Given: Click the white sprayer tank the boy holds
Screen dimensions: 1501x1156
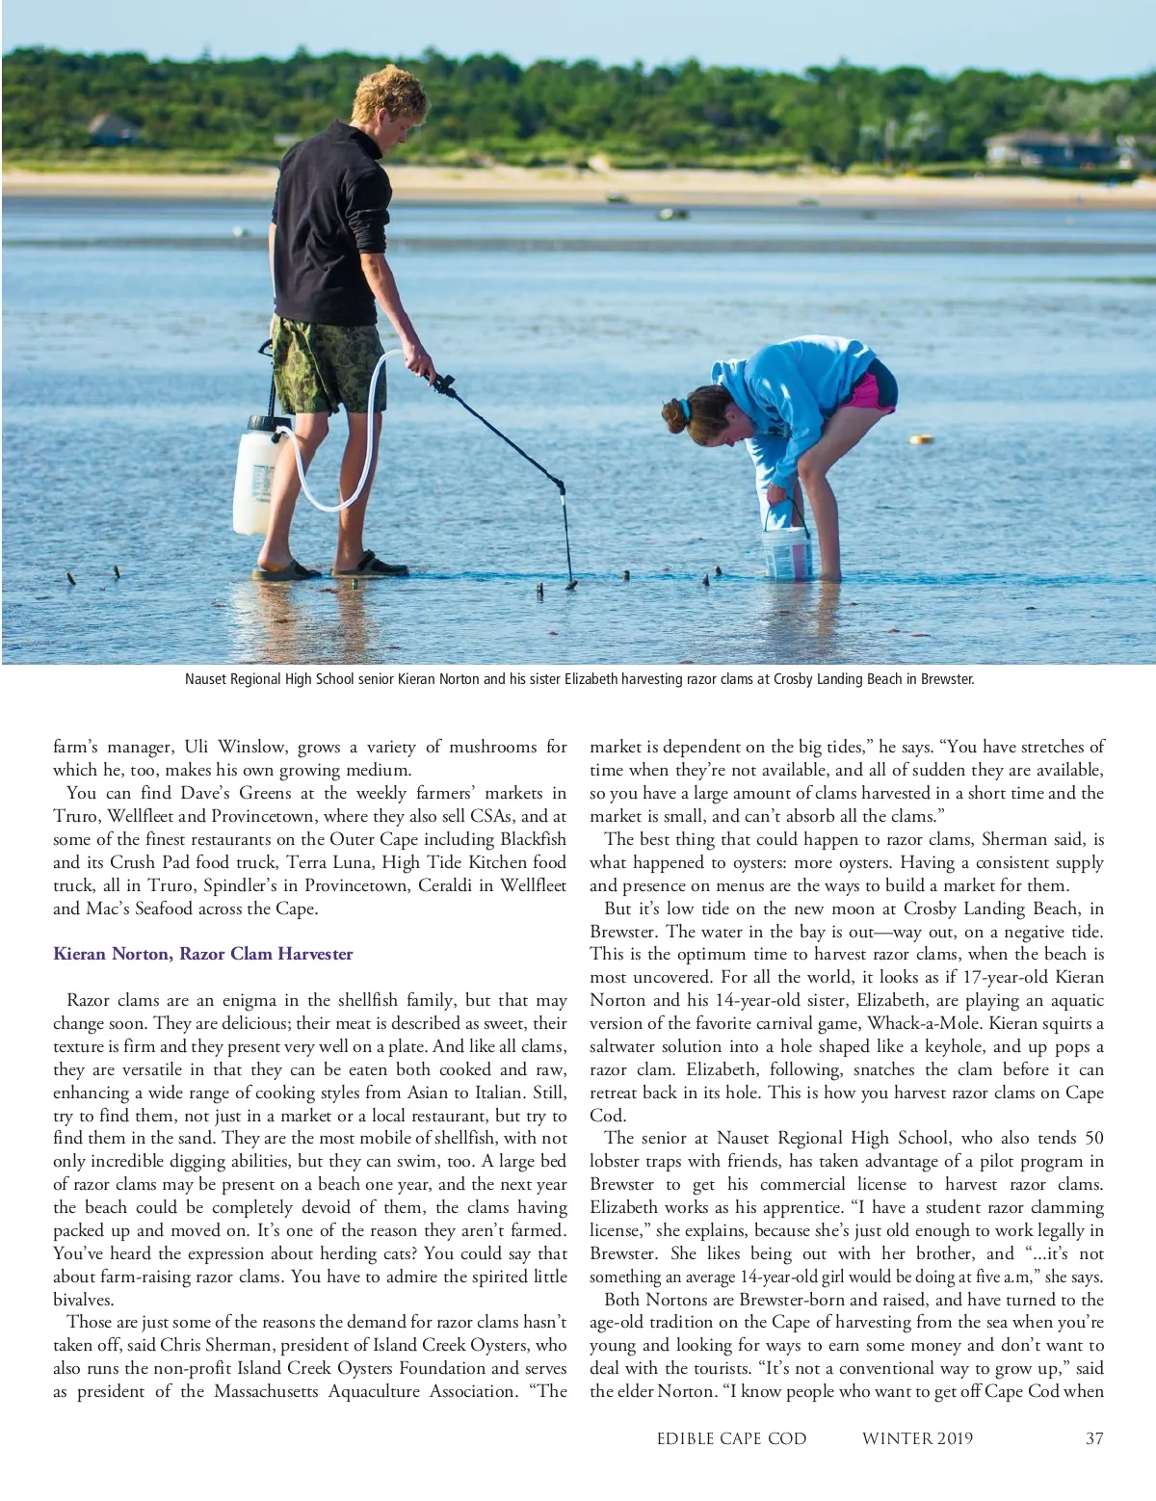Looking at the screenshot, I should click(x=255, y=474).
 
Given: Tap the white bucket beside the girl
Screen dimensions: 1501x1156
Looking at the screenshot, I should click(x=787, y=551).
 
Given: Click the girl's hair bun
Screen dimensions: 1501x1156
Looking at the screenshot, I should click(x=675, y=416).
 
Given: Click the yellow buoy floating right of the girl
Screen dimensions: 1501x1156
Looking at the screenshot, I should click(x=922, y=439).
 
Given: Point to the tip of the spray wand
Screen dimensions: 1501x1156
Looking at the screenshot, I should click(x=570, y=583).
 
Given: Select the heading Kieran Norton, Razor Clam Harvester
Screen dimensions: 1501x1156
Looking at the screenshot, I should click(x=202, y=954).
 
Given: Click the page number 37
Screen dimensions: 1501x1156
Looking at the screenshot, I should click(x=1093, y=1438).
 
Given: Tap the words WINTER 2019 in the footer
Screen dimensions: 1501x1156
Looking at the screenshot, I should click(x=917, y=1438).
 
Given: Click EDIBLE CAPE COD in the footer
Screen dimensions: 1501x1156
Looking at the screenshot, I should click(x=731, y=1438).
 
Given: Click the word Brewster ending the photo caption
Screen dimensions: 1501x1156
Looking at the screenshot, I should click(x=948, y=679).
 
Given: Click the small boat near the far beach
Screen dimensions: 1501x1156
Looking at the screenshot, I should click(x=672, y=213).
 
